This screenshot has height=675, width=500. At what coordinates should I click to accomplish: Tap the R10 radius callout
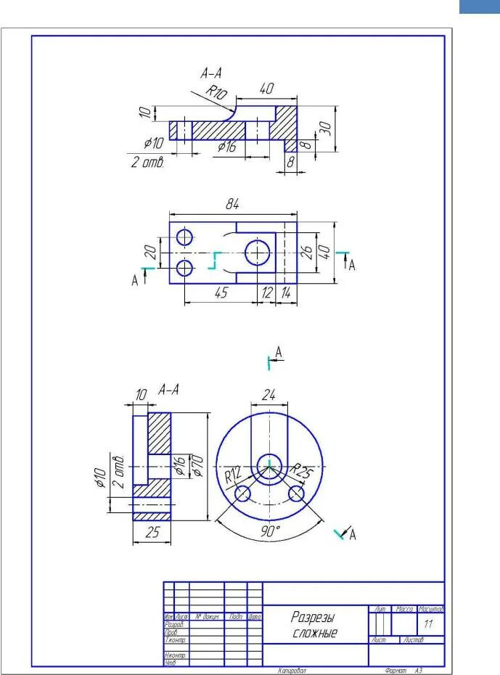[215, 91]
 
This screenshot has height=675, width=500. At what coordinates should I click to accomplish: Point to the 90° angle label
[270, 531]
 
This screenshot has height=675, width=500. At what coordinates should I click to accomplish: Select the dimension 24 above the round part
[269, 396]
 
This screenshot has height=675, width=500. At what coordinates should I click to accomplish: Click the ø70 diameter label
[195, 465]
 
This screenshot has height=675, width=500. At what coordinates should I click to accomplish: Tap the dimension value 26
[307, 252]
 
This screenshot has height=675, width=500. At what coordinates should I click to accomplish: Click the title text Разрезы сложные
[315, 624]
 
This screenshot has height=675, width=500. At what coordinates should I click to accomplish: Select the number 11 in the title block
[428, 623]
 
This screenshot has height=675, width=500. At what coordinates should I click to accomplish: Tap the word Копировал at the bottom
[292, 671]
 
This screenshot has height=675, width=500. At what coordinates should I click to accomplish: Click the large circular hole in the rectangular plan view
[257, 253]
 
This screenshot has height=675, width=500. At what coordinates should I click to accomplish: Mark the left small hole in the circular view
[242, 494]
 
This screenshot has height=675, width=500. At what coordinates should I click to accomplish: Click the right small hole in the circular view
[296, 494]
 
